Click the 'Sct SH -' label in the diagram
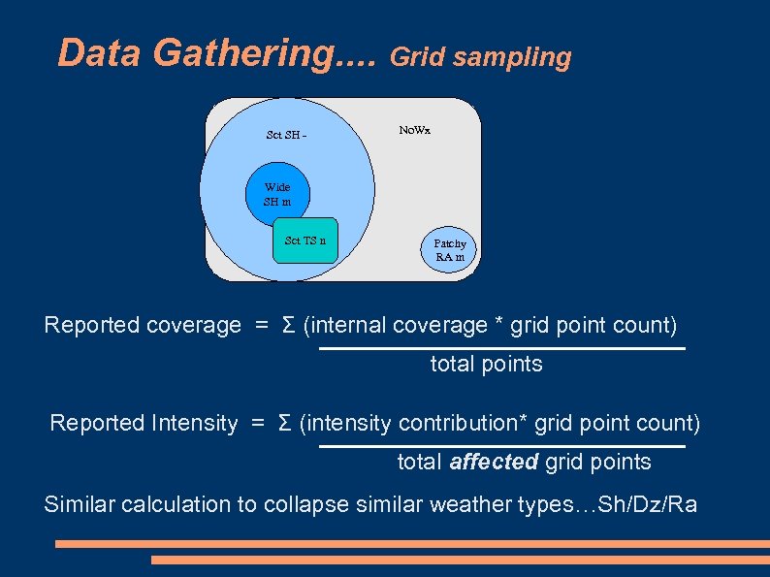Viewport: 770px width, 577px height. point(286,135)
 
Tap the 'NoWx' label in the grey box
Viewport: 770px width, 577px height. point(414,130)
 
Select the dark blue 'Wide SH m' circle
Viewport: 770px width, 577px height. point(277,194)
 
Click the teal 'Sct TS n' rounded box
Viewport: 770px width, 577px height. point(305,240)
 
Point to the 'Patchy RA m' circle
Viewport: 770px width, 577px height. point(449,250)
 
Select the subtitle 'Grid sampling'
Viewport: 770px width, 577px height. point(480,57)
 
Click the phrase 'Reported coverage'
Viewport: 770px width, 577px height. point(142,325)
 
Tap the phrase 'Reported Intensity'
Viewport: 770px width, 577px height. point(144,423)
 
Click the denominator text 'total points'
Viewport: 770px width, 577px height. point(486,364)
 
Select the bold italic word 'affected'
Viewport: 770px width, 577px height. point(494,462)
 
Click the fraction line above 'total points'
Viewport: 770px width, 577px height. point(501,348)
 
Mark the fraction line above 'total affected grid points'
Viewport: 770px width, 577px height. point(501,446)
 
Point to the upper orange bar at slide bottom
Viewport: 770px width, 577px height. point(412,544)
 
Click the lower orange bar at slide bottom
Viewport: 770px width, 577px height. point(460,560)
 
